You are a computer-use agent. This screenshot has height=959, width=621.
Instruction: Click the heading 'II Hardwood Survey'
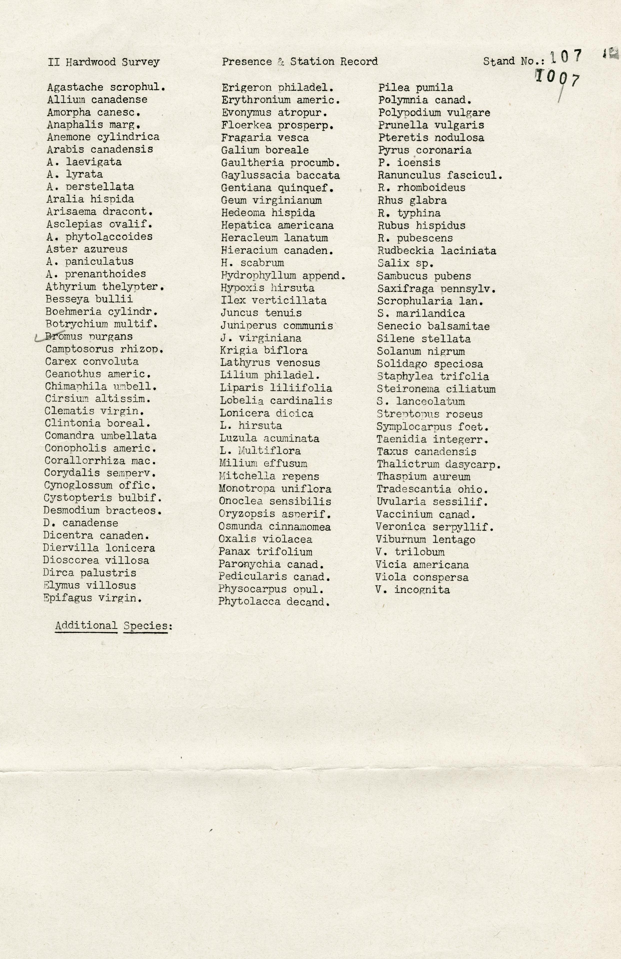coord(103,62)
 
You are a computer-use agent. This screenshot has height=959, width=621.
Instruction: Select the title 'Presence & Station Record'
coord(299,62)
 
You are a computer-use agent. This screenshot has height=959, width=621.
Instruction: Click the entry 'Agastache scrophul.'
coord(106,87)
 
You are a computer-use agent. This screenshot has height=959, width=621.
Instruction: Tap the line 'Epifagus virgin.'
coord(93,598)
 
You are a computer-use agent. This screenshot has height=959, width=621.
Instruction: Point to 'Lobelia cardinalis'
coord(276,401)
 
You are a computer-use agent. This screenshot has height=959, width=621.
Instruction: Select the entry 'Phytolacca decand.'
coord(274,602)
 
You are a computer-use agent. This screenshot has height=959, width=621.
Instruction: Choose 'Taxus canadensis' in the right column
coord(426,452)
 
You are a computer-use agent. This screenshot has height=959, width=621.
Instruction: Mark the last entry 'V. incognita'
coord(413,589)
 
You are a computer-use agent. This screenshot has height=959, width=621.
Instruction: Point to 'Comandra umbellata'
coord(101,436)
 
